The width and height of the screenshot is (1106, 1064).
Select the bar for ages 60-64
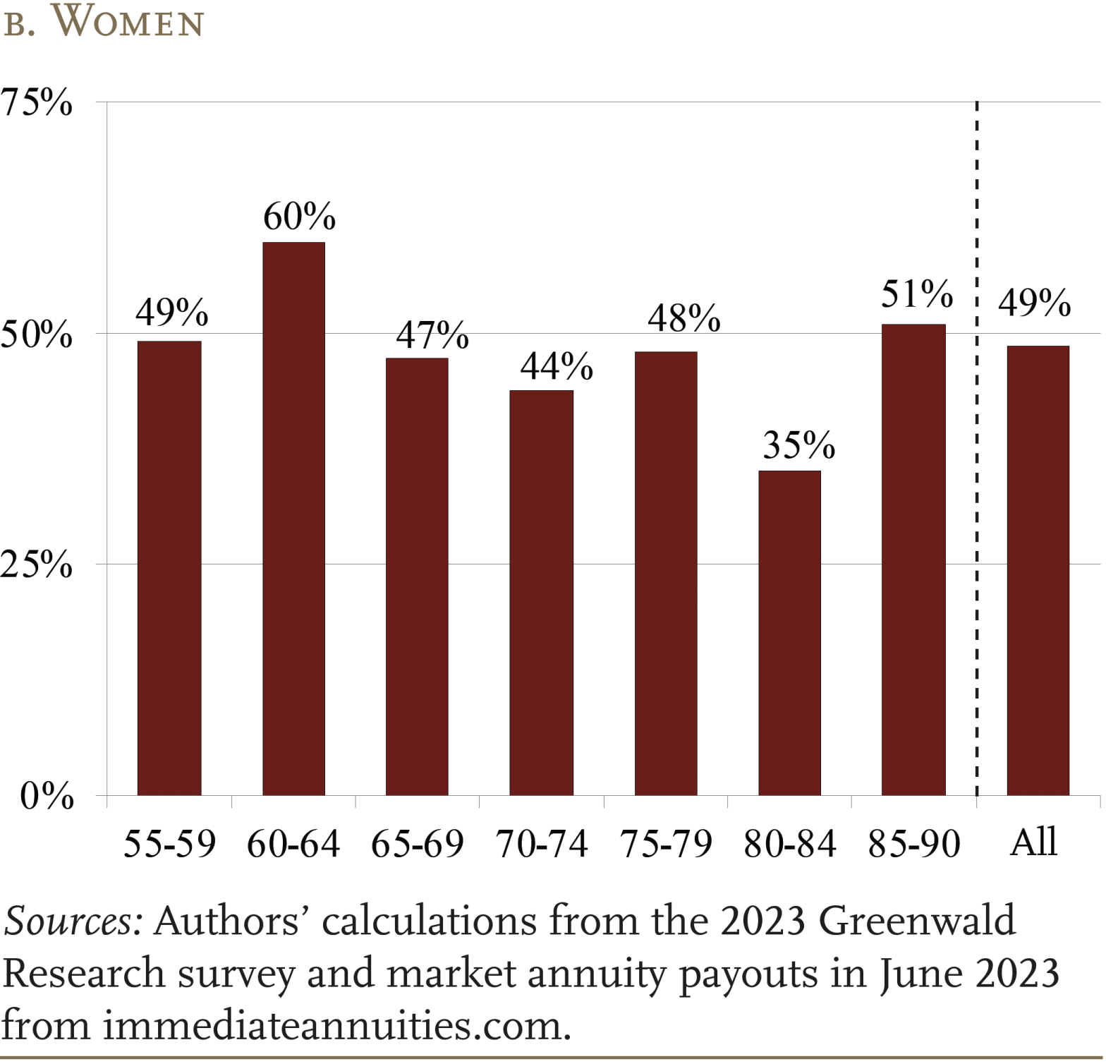point(293,519)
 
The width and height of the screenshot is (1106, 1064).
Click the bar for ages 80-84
point(789,633)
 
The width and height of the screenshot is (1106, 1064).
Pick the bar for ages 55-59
point(169,568)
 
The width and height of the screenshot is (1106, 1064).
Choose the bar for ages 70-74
point(541,593)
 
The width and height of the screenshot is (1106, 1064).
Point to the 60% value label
point(299,217)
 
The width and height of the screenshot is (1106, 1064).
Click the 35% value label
point(798,445)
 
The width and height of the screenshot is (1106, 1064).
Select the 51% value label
point(916,294)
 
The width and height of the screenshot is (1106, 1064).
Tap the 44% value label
point(557,366)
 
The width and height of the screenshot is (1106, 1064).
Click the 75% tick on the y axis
point(37,103)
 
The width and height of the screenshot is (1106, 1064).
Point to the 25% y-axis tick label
point(37,564)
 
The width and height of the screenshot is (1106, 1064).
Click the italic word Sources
point(73,921)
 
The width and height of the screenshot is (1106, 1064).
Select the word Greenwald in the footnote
point(916,921)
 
